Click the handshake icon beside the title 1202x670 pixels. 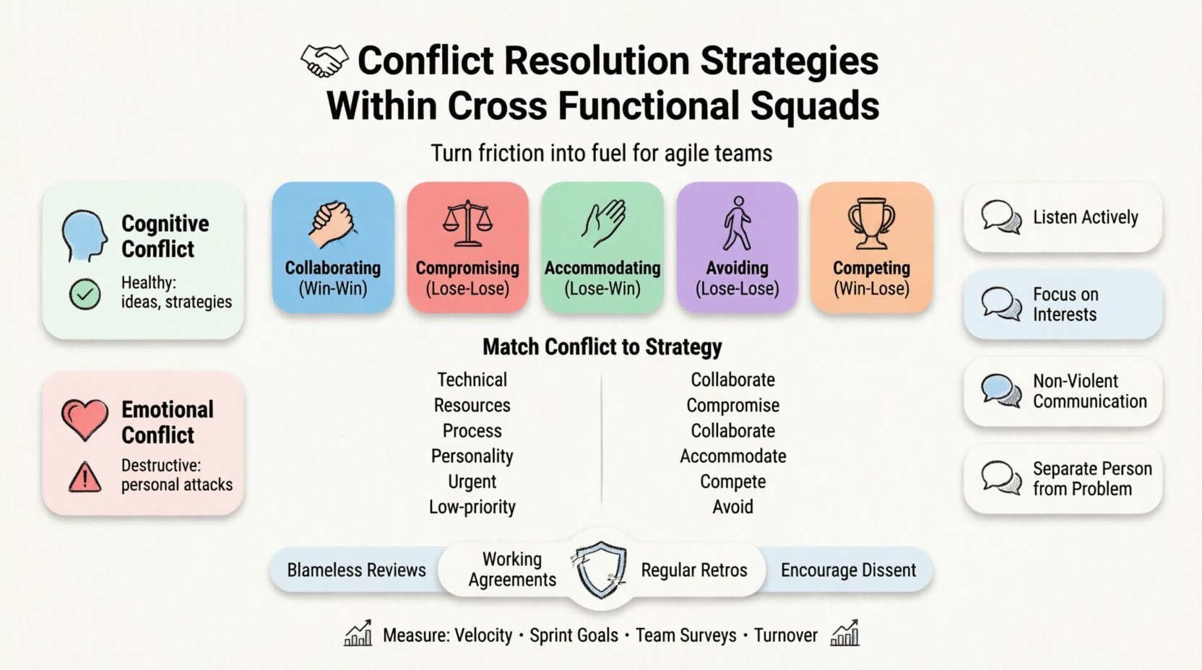(324, 61)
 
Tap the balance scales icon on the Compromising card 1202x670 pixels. (467, 223)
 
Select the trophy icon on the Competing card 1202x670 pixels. (871, 223)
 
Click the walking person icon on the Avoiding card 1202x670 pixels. (737, 223)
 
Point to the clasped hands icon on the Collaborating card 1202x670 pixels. (332, 225)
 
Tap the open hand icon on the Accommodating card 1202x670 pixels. (603, 223)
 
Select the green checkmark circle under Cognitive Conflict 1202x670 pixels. (85, 295)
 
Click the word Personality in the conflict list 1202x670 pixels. (472, 456)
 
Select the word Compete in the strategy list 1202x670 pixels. (732, 482)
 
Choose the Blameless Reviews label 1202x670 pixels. (356, 570)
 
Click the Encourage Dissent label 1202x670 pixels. (848, 570)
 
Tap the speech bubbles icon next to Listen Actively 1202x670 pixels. (1001, 217)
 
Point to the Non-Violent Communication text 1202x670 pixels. (1089, 391)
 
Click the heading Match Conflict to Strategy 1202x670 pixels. (602, 347)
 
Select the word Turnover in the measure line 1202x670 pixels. (785, 635)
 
